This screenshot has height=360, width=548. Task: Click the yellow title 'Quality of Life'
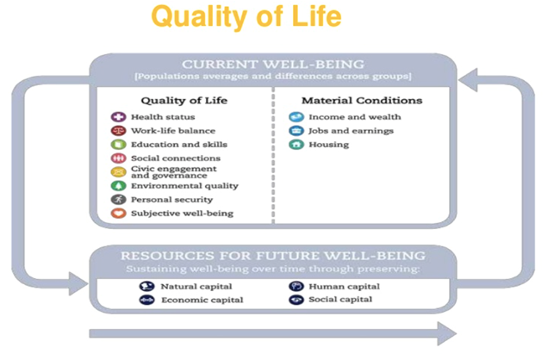(246, 16)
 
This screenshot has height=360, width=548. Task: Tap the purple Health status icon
(119, 117)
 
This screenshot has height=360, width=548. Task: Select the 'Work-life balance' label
(173, 131)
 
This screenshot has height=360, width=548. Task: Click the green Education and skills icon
(119, 144)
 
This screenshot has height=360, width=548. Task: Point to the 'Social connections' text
(176, 158)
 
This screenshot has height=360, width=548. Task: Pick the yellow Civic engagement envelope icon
(119, 171)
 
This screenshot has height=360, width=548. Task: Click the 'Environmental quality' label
(184, 186)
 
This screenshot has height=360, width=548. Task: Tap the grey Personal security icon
(119, 200)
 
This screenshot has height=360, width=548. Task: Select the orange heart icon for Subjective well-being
(119, 213)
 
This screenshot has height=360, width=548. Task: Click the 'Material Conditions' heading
(362, 101)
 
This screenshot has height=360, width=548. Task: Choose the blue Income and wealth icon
(296, 117)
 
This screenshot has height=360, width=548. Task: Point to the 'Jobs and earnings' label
(351, 131)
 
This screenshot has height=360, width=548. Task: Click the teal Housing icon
(296, 144)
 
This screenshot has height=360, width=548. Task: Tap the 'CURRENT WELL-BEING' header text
(273, 65)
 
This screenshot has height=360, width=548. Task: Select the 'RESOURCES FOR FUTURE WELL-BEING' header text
(273, 256)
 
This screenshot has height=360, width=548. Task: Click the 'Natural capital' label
(196, 286)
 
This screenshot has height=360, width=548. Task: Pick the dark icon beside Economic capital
(146, 300)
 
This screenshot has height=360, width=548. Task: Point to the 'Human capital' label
(345, 286)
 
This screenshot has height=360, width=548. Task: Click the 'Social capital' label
(340, 299)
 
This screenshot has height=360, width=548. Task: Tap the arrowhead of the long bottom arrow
(447, 334)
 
